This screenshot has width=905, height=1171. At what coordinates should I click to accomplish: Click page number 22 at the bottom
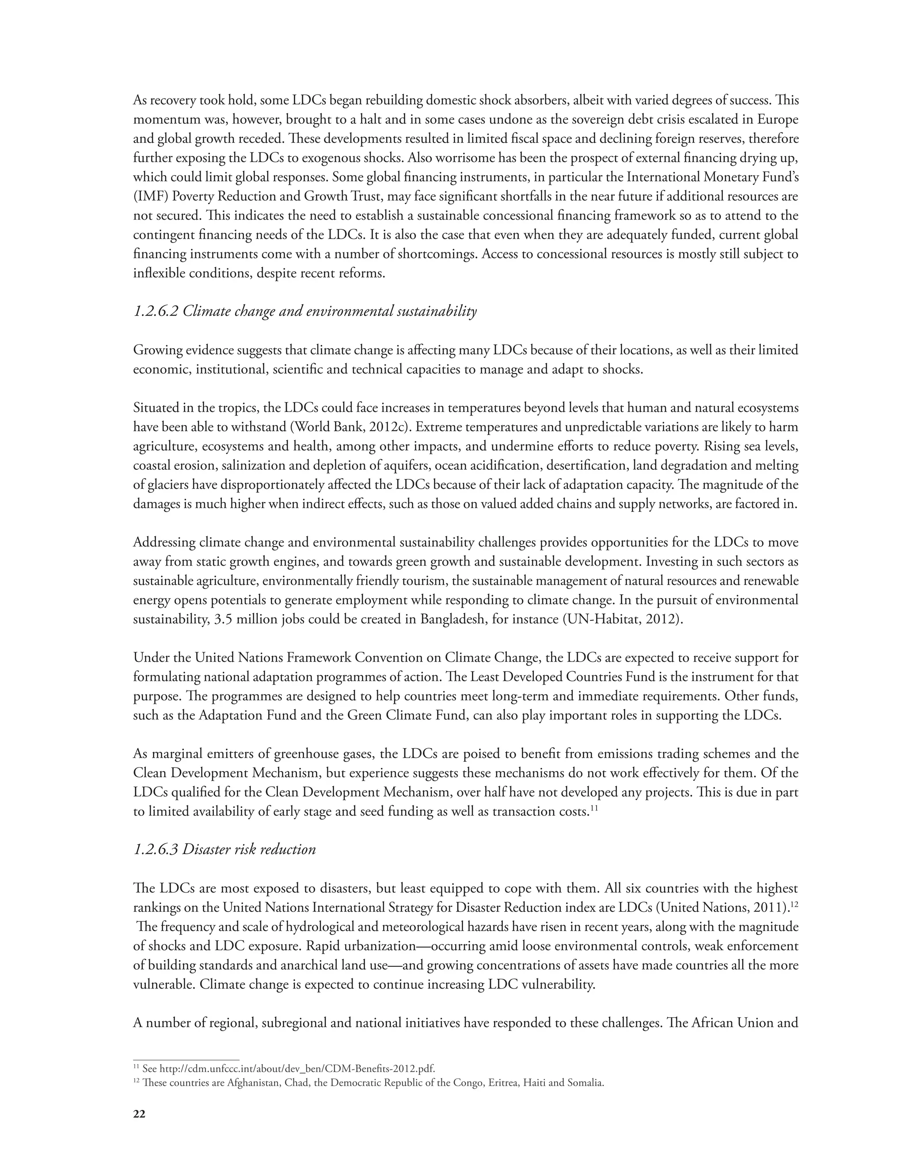coord(139,1114)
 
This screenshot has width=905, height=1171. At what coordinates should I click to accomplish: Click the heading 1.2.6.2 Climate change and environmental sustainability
coord(304,311)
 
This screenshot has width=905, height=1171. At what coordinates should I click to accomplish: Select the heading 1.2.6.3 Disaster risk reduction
coord(224,849)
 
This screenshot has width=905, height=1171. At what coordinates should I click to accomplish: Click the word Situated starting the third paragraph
coord(156,408)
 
